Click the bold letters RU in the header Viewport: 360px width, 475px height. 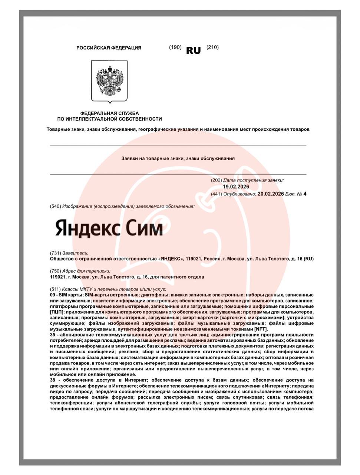(193, 50)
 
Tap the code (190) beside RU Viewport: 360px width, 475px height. (175, 47)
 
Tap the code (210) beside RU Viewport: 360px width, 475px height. (212, 47)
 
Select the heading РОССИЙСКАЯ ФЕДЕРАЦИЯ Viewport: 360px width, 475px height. (109, 48)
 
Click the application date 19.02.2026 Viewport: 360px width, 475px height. (236, 187)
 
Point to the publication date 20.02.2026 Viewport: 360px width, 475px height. (270, 194)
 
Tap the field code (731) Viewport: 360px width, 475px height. (56, 253)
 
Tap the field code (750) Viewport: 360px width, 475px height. (56, 271)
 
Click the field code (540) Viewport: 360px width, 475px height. (56, 206)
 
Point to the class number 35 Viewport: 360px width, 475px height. (53, 335)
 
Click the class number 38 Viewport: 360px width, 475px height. (53, 380)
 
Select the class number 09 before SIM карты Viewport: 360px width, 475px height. (53, 295)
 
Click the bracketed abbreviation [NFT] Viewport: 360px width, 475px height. (261, 329)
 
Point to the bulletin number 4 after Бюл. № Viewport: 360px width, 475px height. (305, 194)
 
